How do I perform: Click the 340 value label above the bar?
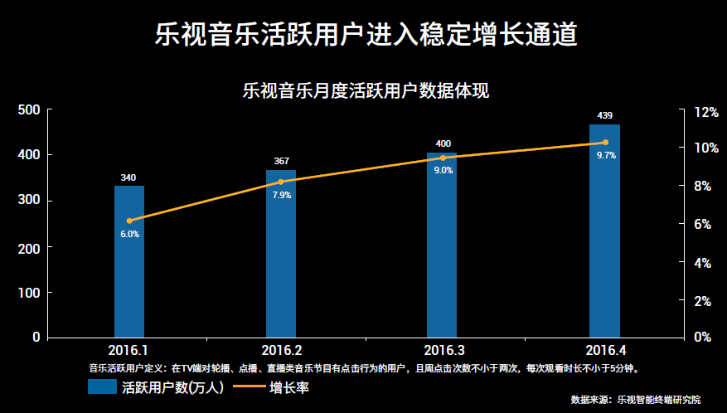tap(128, 177)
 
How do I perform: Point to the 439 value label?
tap(604, 115)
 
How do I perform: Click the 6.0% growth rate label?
tap(129, 234)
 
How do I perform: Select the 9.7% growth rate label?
tap(606, 155)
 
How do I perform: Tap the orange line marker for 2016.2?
tap(280, 182)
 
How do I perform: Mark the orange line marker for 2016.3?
tap(443, 158)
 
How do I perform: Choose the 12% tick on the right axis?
tap(706, 111)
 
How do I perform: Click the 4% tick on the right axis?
tap(703, 263)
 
